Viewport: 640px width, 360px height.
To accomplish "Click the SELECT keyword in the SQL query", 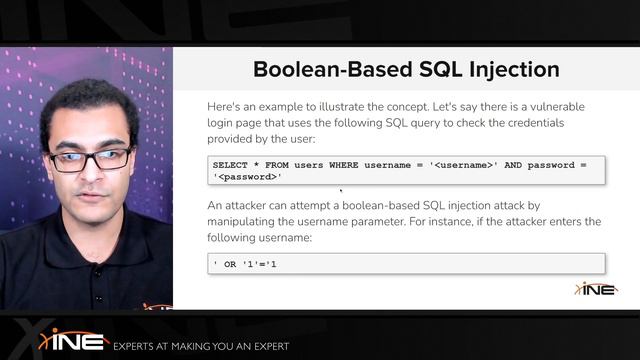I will pos(231,163).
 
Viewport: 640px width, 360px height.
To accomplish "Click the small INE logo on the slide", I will pos(595,288).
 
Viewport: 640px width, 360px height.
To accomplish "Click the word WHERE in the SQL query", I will pos(345,163).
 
